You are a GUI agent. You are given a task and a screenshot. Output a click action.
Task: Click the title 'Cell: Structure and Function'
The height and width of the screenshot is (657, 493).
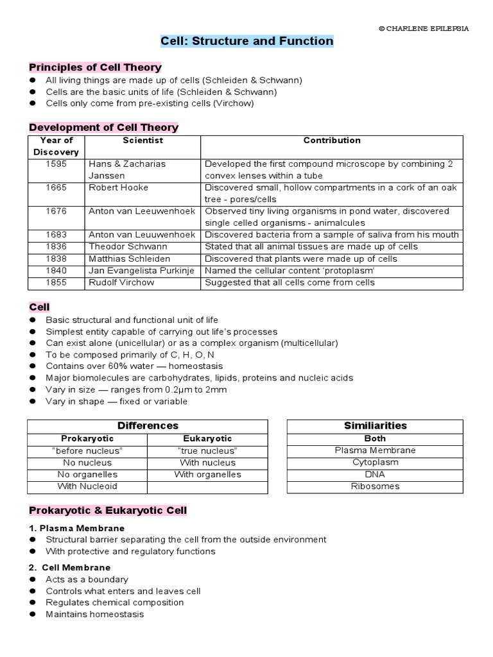click(x=246, y=42)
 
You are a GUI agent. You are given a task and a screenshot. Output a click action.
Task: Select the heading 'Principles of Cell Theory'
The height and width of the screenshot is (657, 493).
click(x=95, y=67)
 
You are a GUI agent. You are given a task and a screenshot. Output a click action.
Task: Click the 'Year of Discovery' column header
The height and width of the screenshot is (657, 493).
click(x=56, y=146)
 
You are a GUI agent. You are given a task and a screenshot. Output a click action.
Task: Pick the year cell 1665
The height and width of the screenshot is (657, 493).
click(x=56, y=187)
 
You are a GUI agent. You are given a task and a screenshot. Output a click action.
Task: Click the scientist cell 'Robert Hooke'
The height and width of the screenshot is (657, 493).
click(x=118, y=187)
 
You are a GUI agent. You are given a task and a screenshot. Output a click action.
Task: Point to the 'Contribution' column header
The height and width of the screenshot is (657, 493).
click(x=331, y=141)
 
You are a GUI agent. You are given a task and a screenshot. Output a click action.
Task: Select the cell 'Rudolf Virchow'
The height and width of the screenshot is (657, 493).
click(x=121, y=282)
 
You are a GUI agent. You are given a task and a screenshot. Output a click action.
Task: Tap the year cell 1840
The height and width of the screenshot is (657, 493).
click(x=56, y=271)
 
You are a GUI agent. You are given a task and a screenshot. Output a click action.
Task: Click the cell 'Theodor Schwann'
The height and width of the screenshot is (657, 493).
click(x=128, y=247)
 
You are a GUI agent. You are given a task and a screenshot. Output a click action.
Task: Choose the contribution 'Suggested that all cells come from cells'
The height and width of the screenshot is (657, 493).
click(x=290, y=282)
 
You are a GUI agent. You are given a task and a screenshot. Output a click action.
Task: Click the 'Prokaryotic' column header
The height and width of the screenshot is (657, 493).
click(x=87, y=439)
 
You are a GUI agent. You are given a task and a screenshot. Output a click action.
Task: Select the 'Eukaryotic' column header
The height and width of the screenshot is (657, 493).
click(x=207, y=439)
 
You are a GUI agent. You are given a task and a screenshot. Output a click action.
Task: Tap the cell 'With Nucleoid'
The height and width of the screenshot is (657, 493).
click(x=87, y=486)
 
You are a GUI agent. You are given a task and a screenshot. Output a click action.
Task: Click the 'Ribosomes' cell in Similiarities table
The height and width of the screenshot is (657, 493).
click(x=375, y=486)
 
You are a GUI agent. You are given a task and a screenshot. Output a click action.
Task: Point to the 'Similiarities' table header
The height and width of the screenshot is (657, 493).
click(x=375, y=425)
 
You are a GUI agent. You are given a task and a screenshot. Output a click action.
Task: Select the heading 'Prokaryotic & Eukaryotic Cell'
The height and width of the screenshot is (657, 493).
click(x=108, y=511)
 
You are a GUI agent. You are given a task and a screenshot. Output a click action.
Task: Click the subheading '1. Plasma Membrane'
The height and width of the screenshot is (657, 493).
click(x=76, y=528)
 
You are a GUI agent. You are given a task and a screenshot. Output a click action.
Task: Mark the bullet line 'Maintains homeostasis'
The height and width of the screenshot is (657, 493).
click(x=94, y=615)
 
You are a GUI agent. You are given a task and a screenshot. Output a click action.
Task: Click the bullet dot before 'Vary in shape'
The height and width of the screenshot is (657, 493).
click(x=32, y=402)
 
